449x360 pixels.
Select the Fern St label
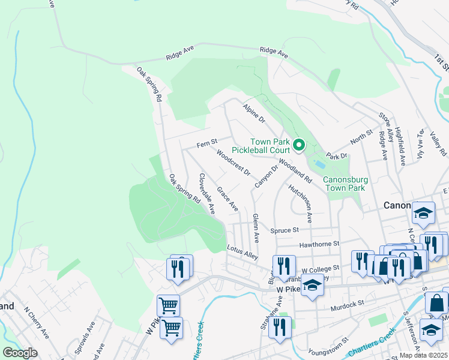click(x=206, y=145)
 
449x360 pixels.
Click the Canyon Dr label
click(x=267, y=176)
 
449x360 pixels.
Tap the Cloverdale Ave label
click(x=206, y=194)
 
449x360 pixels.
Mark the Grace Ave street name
click(x=228, y=200)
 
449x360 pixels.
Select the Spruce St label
click(x=285, y=230)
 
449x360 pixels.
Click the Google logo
click(x=20, y=352)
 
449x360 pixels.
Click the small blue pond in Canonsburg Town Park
click(x=320, y=163)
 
